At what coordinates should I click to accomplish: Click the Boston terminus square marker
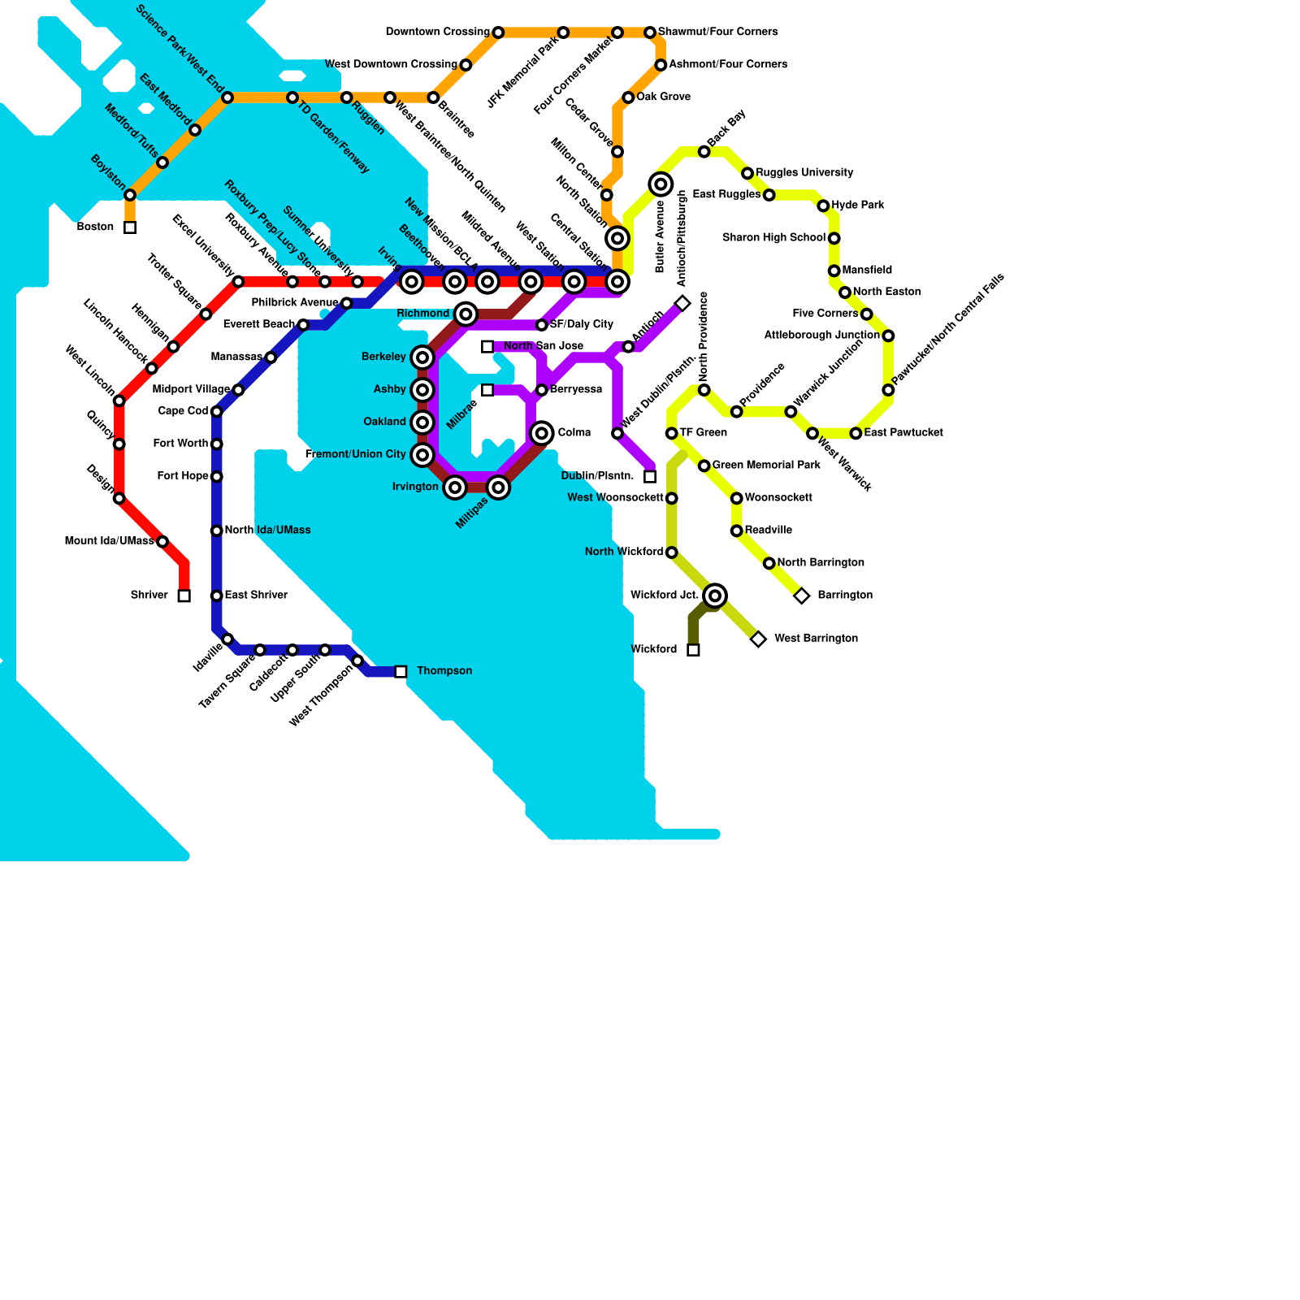pyautogui.click(x=130, y=227)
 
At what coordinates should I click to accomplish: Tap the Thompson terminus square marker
pyautogui.click(x=401, y=672)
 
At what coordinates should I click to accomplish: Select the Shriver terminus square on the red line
pyautogui.click(x=184, y=596)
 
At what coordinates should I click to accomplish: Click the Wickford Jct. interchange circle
pyautogui.click(x=715, y=596)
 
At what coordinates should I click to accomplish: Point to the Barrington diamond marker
pyautogui.click(x=802, y=596)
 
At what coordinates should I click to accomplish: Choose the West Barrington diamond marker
pyautogui.click(x=758, y=639)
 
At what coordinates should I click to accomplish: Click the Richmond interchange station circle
pyautogui.click(x=466, y=314)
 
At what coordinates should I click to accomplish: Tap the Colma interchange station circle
pyautogui.click(x=542, y=433)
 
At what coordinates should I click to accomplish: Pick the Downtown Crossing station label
pyautogui.click(x=437, y=32)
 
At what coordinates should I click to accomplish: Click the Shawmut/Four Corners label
pyautogui.click(x=718, y=32)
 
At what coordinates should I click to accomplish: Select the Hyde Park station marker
pyautogui.click(x=823, y=206)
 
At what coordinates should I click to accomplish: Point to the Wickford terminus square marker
pyautogui.click(x=693, y=650)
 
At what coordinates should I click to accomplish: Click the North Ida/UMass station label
pyautogui.click(x=267, y=531)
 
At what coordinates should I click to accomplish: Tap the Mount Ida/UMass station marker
pyautogui.click(x=162, y=542)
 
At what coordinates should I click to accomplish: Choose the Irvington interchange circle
pyautogui.click(x=455, y=487)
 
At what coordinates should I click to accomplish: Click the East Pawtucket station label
pyautogui.click(x=903, y=433)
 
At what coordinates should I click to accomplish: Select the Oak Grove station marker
pyautogui.click(x=628, y=97)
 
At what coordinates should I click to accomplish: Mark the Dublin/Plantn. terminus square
pyautogui.click(x=650, y=477)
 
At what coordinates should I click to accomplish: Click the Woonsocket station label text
pyautogui.click(x=778, y=498)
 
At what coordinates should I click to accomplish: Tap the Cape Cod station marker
pyautogui.click(x=217, y=412)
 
